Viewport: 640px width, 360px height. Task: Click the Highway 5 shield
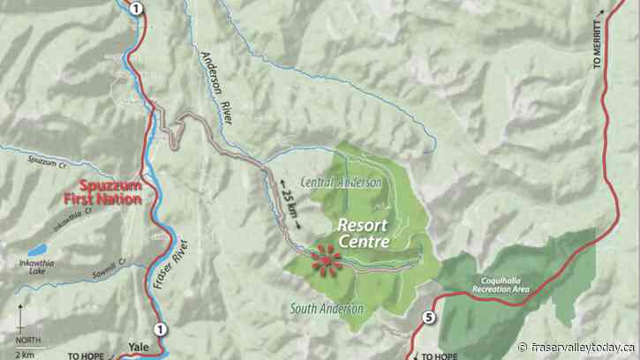click(x=429, y=319)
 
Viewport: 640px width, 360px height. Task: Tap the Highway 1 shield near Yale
click(x=160, y=330)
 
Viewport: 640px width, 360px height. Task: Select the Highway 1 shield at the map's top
click(x=134, y=9)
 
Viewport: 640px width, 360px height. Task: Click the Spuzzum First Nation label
click(x=111, y=192)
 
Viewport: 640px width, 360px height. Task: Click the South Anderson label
click(x=327, y=308)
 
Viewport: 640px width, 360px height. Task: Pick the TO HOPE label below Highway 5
click(x=439, y=356)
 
